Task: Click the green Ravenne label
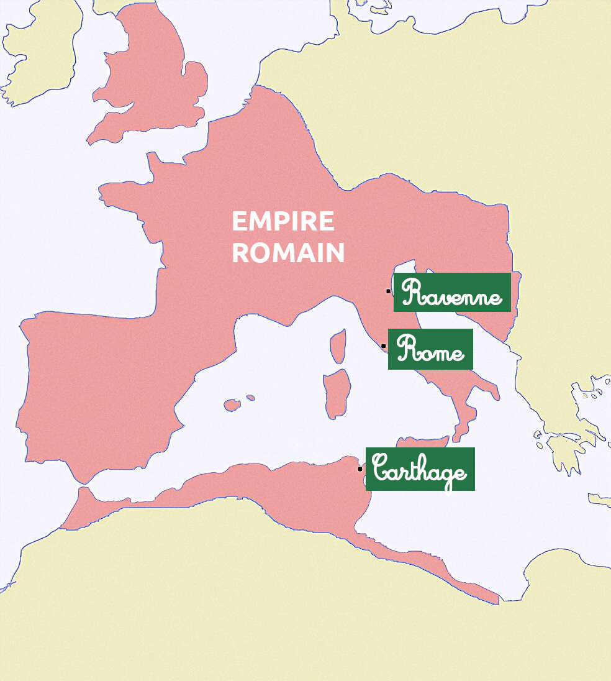pos(452,293)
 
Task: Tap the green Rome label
pos(430,350)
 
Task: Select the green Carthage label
pos(420,469)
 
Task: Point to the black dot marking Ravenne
pos(388,291)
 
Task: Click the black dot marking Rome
pos(383,346)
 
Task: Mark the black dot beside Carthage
pos(360,469)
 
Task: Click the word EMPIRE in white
pos(283,222)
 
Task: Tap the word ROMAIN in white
pos(288,253)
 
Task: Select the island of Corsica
pos(338,345)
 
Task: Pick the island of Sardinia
pos(335,393)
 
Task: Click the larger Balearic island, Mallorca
pos(232,405)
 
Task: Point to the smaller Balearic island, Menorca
pos(250,398)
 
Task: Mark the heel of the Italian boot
pos(494,393)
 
